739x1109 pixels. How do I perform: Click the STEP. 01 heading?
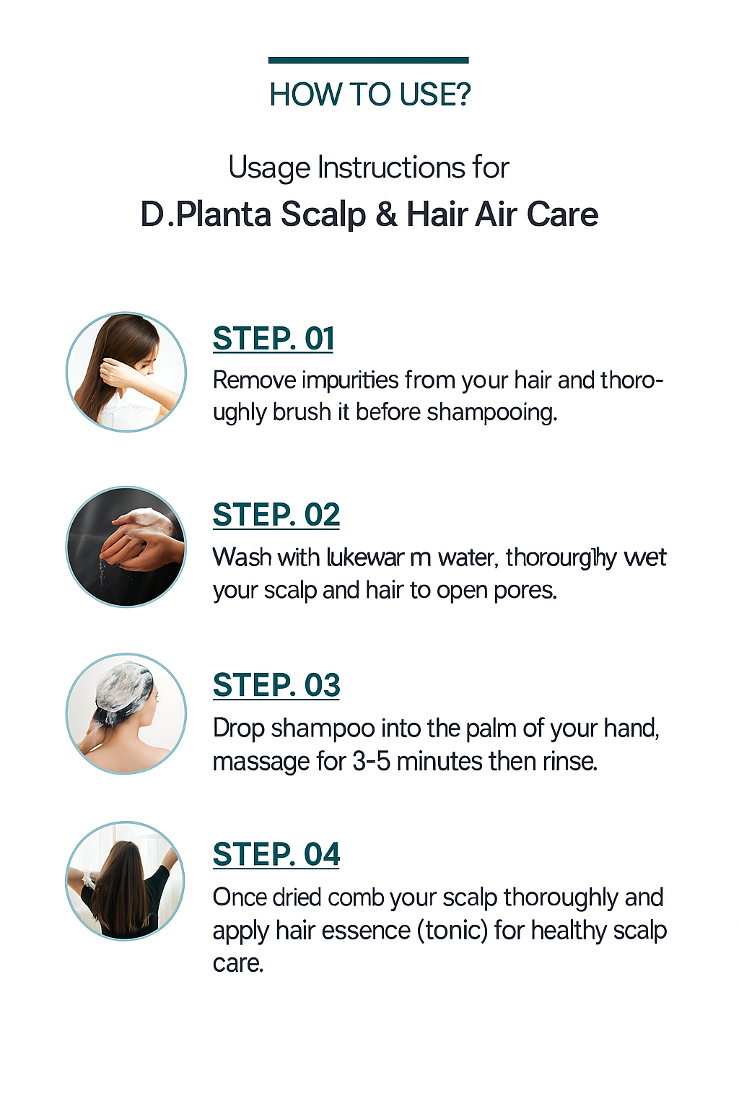pos(274,339)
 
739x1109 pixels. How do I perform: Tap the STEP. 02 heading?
pos(276,515)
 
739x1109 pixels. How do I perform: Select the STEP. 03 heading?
pos(276,685)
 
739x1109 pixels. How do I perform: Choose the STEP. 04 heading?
pos(276,855)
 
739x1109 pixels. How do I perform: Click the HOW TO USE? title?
pos(369,95)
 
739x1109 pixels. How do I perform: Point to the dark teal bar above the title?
pos(368,60)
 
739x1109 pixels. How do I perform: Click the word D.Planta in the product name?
pos(206,214)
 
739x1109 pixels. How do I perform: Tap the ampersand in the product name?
pos(386,214)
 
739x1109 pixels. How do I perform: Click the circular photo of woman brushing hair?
pos(126,372)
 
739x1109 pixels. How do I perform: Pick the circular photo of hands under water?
pos(126,547)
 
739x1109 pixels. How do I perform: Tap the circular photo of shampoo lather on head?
pos(126,713)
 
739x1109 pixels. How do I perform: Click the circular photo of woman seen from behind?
pos(126,881)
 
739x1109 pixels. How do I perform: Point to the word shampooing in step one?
pos(491,412)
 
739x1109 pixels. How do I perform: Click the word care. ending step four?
pos(238,963)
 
